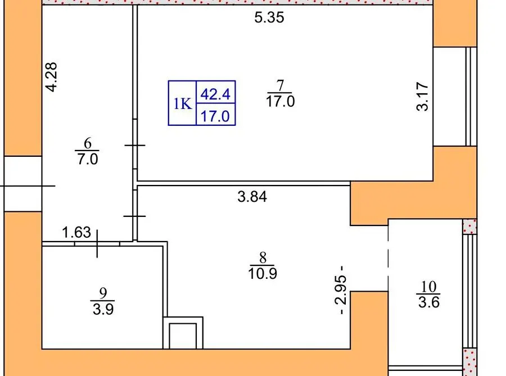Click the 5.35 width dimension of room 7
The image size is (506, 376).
click(269, 17)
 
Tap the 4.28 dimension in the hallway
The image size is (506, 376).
click(51, 77)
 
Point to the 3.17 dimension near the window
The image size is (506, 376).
click(422, 97)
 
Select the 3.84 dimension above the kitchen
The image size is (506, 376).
click(252, 197)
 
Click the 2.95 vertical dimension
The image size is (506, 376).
click(341, 289)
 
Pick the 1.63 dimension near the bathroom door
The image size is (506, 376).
click(76, 232)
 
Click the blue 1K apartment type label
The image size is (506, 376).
click(183, 104)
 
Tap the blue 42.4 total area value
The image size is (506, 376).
click(215, 94)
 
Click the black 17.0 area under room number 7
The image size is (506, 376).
click(280, 101)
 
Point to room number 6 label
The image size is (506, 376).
click(88, 143)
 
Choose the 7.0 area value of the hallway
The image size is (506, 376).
click(88, 159)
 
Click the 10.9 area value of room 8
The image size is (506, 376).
click(263, 274)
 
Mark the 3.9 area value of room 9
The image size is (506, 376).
click(103, 309)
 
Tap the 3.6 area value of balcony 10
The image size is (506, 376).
click(428, 302)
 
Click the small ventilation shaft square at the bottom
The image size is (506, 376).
click(183, 333)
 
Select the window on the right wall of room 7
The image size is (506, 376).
click(455, 97)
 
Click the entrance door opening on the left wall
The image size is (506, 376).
click(23, 184)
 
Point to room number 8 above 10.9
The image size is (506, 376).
click(263, 257)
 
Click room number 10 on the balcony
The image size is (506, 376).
click(428, 286)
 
